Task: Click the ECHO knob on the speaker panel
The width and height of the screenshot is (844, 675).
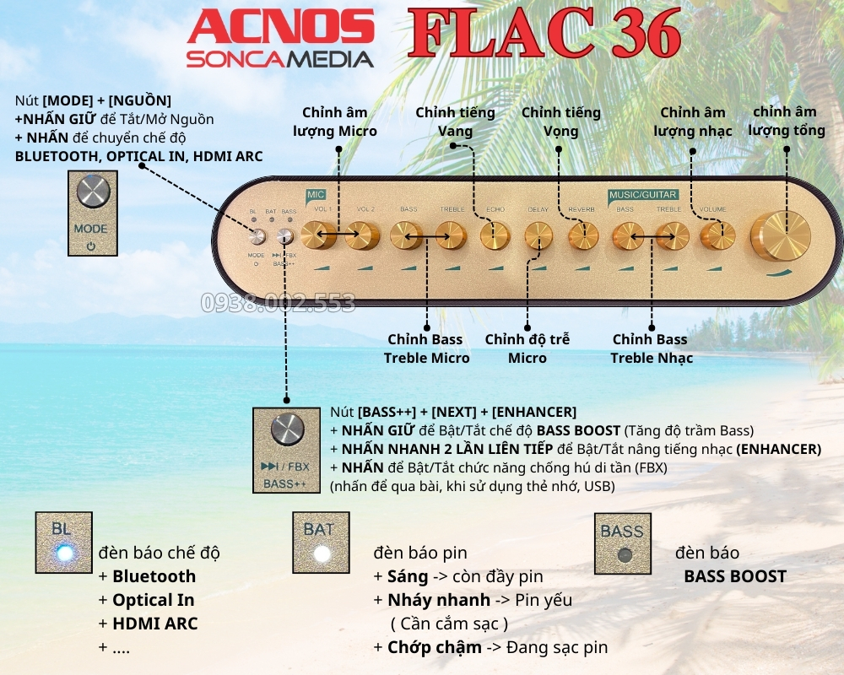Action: pyautogui.click(x=495, y=235)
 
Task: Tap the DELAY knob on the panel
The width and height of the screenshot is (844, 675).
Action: pyautogui.click(x=538, y=235)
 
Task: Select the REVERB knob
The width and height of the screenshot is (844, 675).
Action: pyautogui.click(x=582, y=235)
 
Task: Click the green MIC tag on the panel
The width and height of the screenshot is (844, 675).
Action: pyautogui.click(x=316, y=194)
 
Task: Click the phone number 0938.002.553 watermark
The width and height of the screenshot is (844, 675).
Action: pyautogui.click(x=278, y=302)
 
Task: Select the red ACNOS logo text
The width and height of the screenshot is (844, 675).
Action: pyautogui.click(x=281, y=28)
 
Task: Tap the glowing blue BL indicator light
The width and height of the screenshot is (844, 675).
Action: pyautogui.click(x=62, y=553)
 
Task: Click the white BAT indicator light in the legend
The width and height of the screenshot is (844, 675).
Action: pyautogui.click(x=321, y=554)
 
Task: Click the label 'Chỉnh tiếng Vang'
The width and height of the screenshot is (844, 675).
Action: pyautogui.click(x=455, y=121)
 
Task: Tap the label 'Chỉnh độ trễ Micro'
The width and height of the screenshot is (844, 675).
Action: pyautogui.click(x=527, y=348)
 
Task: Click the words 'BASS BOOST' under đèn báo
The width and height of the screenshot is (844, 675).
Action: pyautogui.click(x=734, y=577)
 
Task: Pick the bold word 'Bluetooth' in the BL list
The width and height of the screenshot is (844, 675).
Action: pyautogui.click(x=154, y=576)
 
